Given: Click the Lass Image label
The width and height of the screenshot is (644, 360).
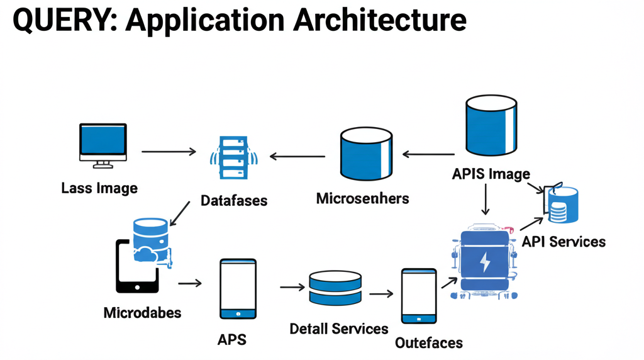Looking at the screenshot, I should (99, 188).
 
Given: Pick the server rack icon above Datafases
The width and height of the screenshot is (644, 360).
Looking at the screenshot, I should (233, 157).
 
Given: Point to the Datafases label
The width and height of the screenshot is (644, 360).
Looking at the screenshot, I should (234, 201).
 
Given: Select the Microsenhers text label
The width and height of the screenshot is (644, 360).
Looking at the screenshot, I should (362, 199).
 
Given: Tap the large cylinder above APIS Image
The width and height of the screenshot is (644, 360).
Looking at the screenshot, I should (491, 126).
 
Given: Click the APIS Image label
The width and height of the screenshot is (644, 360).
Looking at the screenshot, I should (491, 174).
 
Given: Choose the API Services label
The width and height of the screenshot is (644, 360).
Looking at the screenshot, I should (563, 242).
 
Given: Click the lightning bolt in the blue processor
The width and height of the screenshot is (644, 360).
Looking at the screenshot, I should (486, 262).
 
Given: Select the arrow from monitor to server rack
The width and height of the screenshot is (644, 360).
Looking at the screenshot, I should (169, 152).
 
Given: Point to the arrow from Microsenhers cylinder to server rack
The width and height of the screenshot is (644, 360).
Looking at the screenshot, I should (297, 156).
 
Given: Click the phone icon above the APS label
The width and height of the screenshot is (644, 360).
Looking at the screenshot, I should (238, 289).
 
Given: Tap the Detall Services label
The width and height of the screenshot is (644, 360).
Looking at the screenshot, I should (339, 329).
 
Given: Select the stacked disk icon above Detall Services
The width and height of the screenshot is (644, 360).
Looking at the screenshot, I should (335, 289).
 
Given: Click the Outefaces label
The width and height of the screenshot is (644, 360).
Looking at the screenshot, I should (429, 343).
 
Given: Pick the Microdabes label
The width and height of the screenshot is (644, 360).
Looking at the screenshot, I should (142, 313).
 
